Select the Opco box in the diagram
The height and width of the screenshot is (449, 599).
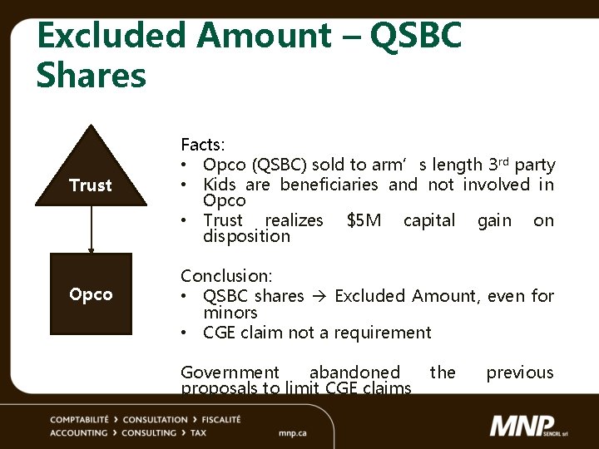click(91, 294)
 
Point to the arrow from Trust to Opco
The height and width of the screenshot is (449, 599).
click(91, 229)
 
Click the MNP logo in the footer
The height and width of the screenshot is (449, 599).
click(532, 427)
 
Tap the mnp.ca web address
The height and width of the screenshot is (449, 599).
click(293, 433)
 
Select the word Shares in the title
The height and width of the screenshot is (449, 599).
click(92, 75)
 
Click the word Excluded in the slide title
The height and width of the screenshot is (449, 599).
click(113, 37)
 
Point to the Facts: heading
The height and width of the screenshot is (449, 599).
click(203, 146)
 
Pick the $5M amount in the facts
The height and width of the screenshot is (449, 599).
click(364, 220)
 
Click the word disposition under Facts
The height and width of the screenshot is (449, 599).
click(246, 237)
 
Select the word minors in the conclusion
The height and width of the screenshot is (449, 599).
click(230, 313)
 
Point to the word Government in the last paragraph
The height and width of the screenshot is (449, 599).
click(230, 373)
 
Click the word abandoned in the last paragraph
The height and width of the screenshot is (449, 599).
click(354, 373)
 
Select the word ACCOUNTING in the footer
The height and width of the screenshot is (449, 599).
click(78, 433)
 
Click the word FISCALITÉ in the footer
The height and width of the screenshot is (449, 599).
click(214, 420)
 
